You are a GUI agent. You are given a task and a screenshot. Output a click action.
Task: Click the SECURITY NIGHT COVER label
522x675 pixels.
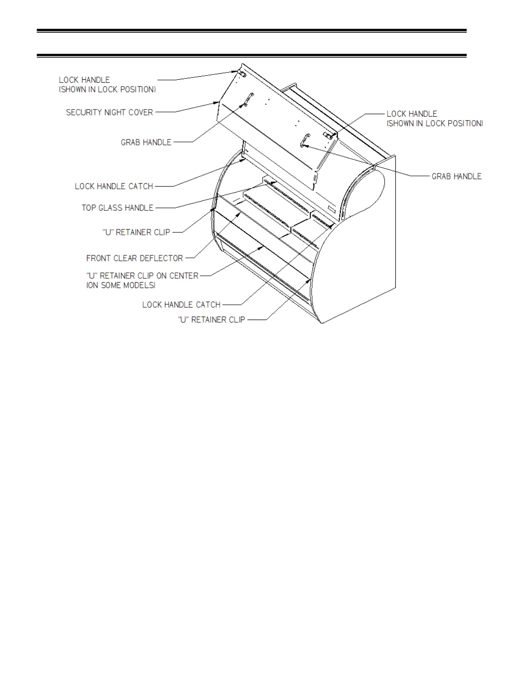point(109,112)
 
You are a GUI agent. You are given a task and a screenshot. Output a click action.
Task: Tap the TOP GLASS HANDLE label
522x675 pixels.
point(117,208)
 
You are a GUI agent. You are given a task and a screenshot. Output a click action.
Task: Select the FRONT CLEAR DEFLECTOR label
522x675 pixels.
point(134,258)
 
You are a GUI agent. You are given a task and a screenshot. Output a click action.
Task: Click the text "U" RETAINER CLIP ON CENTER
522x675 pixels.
point(142,276)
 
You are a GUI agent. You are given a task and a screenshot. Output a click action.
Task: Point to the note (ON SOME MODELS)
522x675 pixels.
point(121,286)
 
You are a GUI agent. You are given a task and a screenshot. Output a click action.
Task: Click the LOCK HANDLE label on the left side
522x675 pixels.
point(84,80)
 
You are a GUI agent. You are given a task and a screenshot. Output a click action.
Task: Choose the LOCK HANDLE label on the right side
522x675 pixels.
point(412,114)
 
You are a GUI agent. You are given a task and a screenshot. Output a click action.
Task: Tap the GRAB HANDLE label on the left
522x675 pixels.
point(146,142)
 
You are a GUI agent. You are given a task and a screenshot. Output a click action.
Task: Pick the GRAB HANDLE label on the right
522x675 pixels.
point(456,176)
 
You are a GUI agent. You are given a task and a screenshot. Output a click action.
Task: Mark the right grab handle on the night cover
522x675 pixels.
point(304,141)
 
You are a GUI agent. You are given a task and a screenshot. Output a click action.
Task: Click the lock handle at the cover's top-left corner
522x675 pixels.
point(241,73)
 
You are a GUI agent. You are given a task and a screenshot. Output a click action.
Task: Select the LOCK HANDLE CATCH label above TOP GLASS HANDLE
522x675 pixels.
point(114,187)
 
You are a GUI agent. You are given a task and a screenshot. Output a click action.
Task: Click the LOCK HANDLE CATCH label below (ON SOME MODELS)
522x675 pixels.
point(181,305)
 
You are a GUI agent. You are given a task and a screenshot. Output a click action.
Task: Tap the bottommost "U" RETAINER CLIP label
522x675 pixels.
point(211,320)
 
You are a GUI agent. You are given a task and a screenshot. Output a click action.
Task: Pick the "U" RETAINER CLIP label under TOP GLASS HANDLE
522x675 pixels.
point(136,232)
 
